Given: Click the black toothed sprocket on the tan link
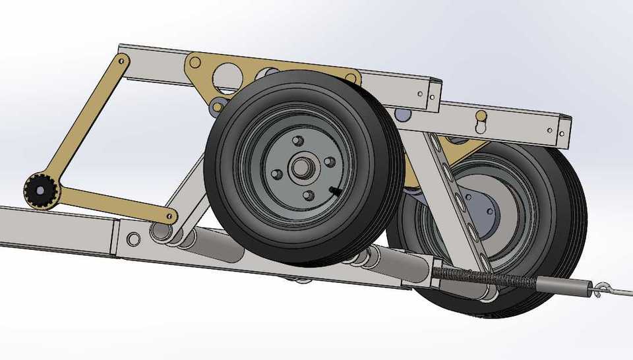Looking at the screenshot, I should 41,191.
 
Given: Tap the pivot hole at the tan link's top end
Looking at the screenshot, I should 123,61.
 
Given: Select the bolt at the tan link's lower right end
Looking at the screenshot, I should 171,215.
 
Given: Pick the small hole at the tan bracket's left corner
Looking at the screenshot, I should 194,63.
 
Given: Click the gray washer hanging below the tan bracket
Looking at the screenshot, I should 218,105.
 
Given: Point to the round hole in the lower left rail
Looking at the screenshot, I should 133,239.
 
